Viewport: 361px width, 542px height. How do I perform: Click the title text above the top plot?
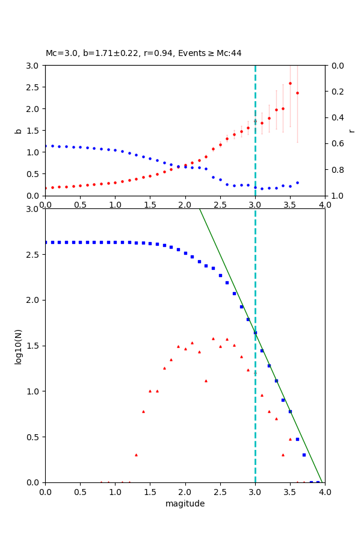click(143, 53)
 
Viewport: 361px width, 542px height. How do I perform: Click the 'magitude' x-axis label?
click(185, 503)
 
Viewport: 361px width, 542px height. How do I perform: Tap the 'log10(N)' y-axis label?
click(18, 346)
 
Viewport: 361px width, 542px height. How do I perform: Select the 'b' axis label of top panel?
click(18, 131)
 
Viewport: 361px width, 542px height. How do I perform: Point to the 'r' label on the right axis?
click(351, 131)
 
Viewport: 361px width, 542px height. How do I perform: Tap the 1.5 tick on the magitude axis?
click(150, 492)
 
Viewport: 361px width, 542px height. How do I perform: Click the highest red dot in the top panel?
click(290, 83)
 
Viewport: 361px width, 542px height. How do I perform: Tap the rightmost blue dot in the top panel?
click(297, 182)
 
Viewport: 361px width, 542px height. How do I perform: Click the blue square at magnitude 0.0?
click(45, 242)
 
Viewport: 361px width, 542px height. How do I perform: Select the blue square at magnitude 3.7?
click(304, 455)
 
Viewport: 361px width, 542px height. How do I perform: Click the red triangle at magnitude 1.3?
click(136, 455)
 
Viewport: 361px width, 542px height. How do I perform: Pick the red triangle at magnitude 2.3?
click(206, 381)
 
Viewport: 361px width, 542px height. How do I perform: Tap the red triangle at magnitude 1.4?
click(143, 411)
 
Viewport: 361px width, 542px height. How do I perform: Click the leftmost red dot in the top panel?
click(45, 188)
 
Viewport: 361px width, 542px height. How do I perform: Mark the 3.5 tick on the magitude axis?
click(290, 492)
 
